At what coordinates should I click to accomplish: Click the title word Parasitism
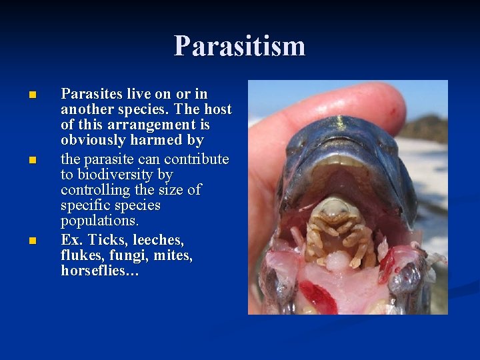(240, 46)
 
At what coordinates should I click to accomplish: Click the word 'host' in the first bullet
(217, 109)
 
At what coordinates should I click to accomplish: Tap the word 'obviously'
(91, 140)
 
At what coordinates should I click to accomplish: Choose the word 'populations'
(99, 221)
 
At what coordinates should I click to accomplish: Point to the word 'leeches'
(159, 239)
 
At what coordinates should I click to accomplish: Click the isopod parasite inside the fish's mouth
(337, 230)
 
